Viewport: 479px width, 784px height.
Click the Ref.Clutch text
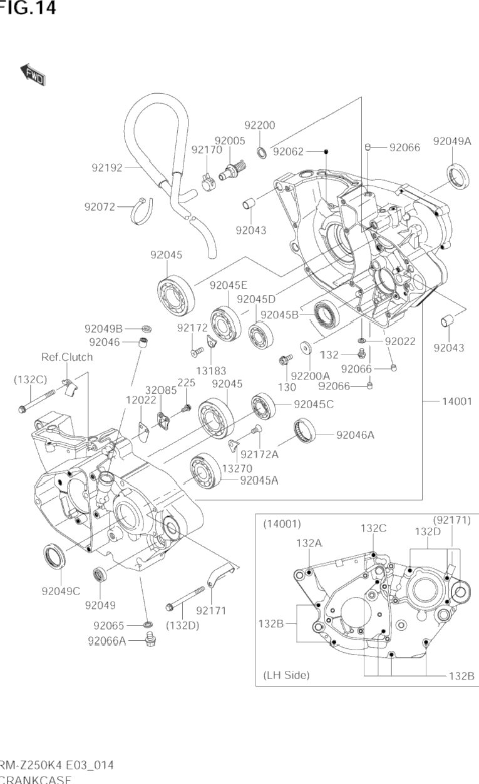point(67,357)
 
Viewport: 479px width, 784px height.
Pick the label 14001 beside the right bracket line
point(456,401)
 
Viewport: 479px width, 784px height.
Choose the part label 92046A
point(355,435)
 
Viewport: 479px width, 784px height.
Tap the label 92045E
point(229,285)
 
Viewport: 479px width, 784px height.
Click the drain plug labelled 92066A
point(149,640)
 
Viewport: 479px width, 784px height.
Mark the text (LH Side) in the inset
point(286,675)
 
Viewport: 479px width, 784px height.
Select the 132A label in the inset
point(309,544)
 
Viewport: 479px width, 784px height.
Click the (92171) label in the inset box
point(451,520)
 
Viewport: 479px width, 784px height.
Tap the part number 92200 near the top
point(260,125)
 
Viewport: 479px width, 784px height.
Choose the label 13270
point(237,468)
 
